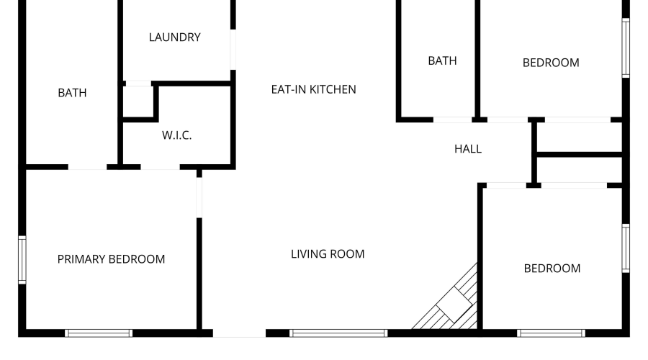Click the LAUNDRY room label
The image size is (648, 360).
coord(175,37)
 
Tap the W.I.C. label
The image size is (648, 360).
coord(177,135)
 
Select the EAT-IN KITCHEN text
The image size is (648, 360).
coord(314,89)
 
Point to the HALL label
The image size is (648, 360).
coord(468,149)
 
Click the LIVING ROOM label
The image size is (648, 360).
coord(328,253)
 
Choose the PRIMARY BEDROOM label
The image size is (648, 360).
coord(111,259)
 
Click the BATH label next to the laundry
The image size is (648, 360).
coord(72,93)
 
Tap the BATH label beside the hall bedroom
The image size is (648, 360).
coord(442,60)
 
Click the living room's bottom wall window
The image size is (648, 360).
coord(338,333)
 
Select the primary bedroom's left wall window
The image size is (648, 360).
coord(22,260)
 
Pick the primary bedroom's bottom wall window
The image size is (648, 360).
coord(99,333)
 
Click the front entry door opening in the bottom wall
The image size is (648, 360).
coord(239,333)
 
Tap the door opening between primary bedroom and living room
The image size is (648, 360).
coord(199,197)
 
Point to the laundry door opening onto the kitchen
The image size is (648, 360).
coord(233,50)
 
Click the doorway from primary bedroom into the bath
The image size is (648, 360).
coord(88,167)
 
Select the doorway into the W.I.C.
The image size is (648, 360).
coord(161,167)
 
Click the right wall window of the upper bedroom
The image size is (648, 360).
coord(626,48)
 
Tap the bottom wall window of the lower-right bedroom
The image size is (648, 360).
coord(552,333)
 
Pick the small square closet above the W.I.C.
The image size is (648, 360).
coord(138,102)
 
